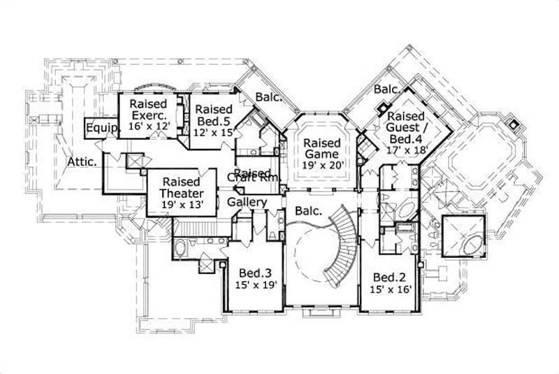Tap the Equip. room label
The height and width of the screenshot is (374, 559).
tap(96, 129)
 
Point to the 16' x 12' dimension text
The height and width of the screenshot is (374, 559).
tap(149, 127)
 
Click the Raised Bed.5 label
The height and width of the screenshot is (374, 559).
tap(213, 115)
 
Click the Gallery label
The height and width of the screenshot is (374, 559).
tap(247, 202)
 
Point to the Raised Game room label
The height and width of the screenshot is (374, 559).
tap(321, 148)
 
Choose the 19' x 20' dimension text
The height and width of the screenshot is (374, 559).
tap(321, 166)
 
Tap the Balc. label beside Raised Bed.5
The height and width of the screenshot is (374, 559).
tap(268, 97)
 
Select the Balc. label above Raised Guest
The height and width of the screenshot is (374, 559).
tap(386, 89)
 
